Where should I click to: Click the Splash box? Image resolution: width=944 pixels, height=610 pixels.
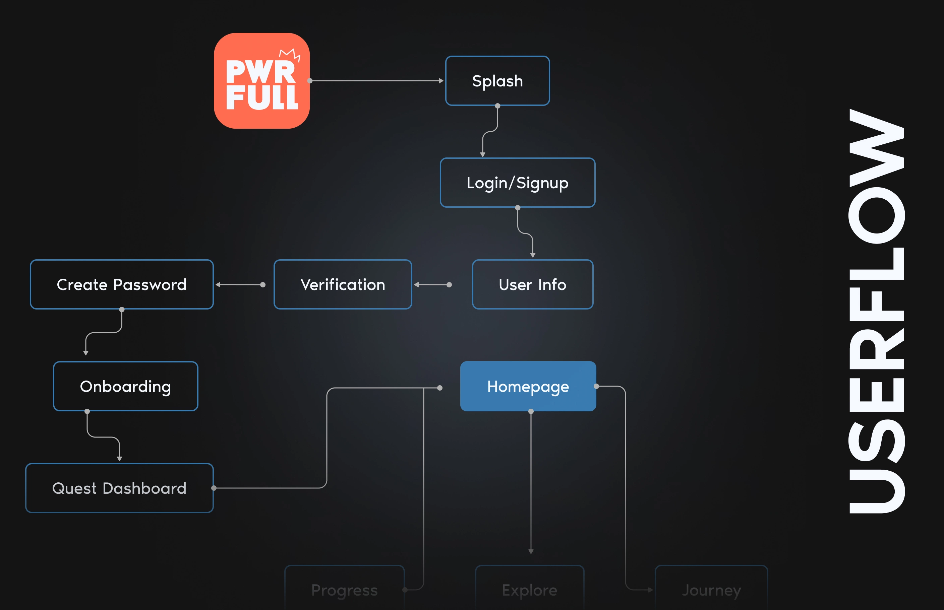click(497, 81)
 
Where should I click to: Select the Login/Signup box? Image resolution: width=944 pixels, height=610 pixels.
click(518, 183)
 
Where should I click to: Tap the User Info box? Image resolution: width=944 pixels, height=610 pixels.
click(533, 284)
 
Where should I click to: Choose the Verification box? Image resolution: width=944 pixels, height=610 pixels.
click(343, 284)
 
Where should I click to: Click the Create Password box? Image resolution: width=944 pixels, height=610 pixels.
click(122, 284)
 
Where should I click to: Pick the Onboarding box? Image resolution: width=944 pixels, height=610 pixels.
click(126, 386)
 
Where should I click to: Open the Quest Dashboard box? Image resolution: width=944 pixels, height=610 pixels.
click(119, 488)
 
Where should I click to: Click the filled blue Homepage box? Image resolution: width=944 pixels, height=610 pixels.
click(528, 386)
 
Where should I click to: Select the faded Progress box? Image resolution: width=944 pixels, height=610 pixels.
click(344, 590)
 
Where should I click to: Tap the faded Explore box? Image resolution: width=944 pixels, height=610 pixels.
click(529, 590)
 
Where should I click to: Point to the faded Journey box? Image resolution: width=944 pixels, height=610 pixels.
click(711, 590)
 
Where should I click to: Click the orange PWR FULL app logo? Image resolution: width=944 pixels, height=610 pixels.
click(261, 81)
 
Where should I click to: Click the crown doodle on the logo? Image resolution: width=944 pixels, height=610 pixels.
click(290, 54)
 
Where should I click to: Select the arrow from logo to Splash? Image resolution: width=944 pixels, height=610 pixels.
click(376, 81)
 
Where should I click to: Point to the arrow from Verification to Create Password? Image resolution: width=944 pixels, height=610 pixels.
click(240, 284)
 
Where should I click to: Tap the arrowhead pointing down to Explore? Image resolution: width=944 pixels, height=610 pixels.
click(531, 551)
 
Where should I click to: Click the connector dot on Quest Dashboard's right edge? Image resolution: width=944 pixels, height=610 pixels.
click(214, 488)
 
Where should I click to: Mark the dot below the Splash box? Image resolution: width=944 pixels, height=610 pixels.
click(498, 106)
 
